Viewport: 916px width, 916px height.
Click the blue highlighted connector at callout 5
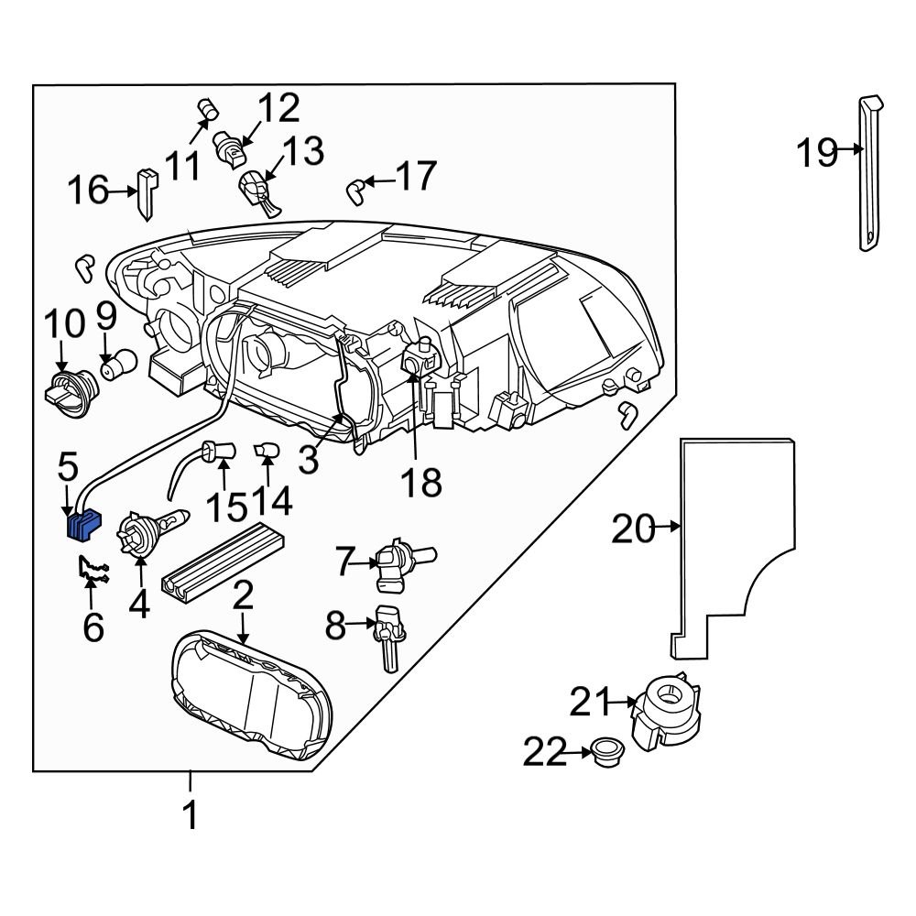pos(82,526)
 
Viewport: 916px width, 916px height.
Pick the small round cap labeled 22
pos(605,753)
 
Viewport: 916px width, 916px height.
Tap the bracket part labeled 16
pos(147,192)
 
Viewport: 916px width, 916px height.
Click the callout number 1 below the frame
pos(191,814)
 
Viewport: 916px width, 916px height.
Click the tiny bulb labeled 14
pos(267,452)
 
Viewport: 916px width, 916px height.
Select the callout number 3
pos(309,457)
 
